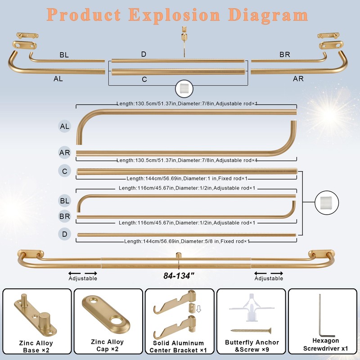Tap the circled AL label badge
click(x=64, y=126)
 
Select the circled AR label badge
click(x=64, y=153)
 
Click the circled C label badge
click(x=64, y=171)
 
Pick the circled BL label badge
click(x=64, y=201)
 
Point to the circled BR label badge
click(x=64, y=216)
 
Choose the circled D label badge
click(x=64, y=234)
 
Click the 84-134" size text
click(x=179, y=275)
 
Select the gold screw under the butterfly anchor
click(x=251, y=331)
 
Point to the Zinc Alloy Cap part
click(x=106, y=314)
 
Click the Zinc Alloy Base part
click(x=35, y=316)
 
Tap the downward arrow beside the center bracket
click(x=198, y=309)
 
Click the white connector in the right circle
click(x=326, y=202)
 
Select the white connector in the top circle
click(x=184, y=88)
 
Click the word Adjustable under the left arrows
click(x=83, y=278)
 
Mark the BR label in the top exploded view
click(x=285, y=54)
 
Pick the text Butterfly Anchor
click(x=252, y=342)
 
